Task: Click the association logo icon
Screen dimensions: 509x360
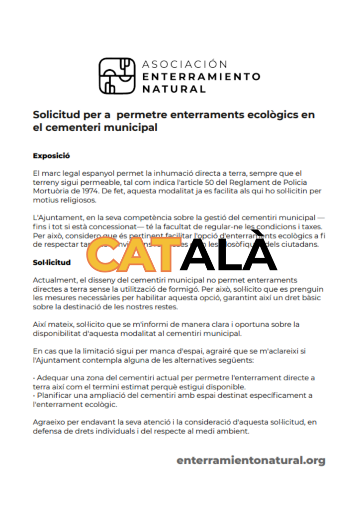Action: click(117, 76)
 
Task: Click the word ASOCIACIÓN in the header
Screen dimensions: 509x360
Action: click(184, 64)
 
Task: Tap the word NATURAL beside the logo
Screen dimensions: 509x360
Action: click(174, 89)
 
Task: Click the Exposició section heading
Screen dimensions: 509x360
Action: click(51, 155)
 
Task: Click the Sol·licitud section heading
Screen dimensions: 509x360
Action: click(52, 262)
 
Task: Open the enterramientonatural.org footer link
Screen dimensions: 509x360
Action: click(251, 460)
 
